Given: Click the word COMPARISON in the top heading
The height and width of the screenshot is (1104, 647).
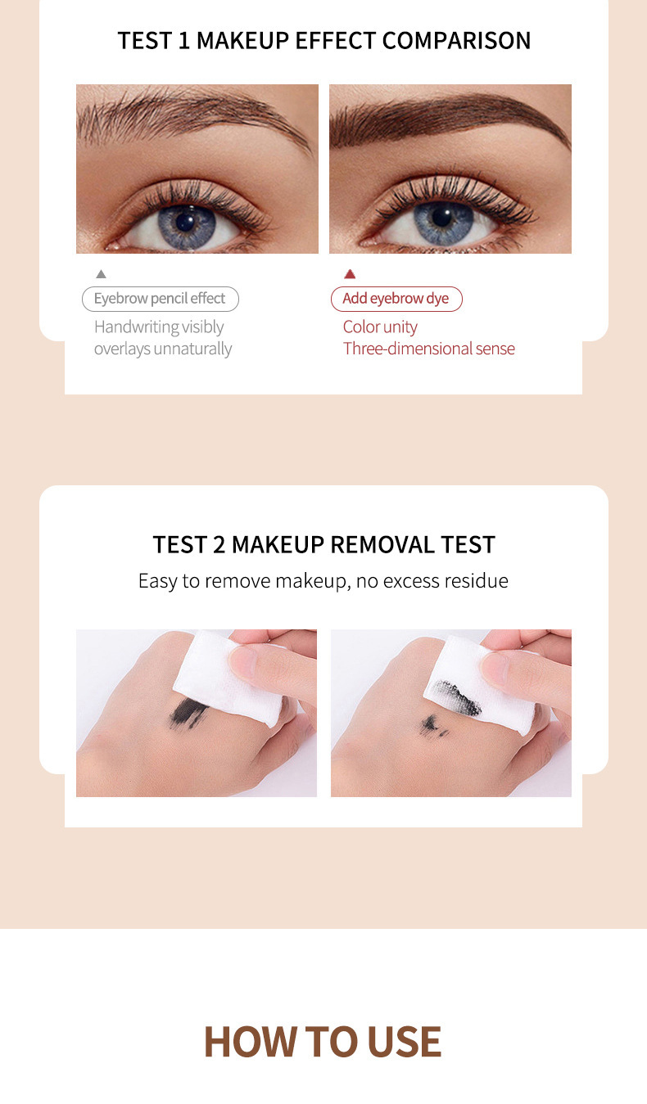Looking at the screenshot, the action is click(x=456, y=40).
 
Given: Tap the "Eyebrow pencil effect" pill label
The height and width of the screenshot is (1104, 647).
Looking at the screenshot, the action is click(x=161, y=299).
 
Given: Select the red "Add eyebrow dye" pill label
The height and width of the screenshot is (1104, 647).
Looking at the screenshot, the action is click(x=396, y=299).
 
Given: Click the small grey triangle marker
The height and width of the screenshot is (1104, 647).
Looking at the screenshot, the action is click(x=101, y=274).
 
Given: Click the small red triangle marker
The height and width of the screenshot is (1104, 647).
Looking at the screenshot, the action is click(x=350, y=274).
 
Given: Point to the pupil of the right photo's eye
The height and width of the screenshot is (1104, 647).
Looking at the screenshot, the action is click(x=442, y=218).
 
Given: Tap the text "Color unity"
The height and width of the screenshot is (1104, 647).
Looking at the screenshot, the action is click(x=380, y=327).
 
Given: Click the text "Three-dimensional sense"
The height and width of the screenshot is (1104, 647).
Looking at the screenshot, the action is click(x=429, y=349).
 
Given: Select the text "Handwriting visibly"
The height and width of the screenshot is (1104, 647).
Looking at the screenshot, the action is click(x=159, y=327).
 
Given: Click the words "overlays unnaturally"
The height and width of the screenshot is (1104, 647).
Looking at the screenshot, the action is click(x=163, y=349).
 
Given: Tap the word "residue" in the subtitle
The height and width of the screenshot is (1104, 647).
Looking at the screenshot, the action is click(x=477, y=580).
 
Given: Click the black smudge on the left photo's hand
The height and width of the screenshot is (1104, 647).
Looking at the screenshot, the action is click(x=189, y=712).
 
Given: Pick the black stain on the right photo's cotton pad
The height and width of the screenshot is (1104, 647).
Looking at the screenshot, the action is click(x=455, y=697).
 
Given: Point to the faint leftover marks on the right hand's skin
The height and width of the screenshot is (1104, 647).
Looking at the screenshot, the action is click(x=433, y=725).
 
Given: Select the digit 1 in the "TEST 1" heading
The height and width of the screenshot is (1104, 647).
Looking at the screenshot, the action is click(x=184, y=40).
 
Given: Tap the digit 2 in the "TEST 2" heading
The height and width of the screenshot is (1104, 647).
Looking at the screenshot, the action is click(x=219, y=545).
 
